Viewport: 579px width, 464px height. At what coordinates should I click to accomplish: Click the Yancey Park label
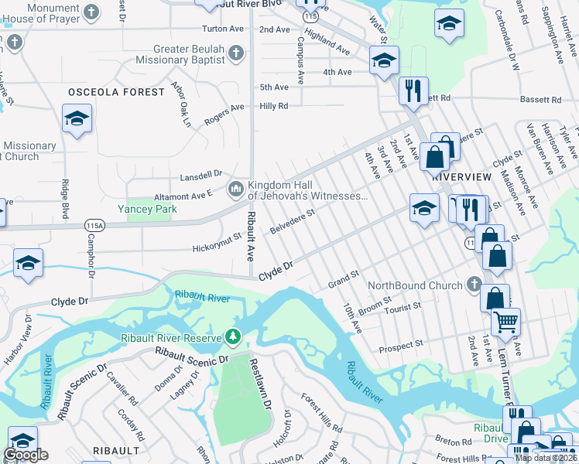click(147, 209)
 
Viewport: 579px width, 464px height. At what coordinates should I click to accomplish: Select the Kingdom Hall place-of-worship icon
click(235, 189)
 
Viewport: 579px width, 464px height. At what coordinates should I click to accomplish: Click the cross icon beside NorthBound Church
click(474, 285)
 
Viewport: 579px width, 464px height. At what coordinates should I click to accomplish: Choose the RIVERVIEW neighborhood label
click(461, 176)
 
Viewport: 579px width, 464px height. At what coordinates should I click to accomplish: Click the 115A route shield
click(94, 225)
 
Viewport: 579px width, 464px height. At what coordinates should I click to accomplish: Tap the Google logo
click(26, 455)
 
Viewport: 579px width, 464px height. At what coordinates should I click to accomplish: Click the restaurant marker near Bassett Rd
click(413, 90)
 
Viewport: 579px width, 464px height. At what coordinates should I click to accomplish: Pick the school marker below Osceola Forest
click(76, 120)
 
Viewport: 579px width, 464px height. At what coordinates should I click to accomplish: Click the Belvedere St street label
click(292, 221)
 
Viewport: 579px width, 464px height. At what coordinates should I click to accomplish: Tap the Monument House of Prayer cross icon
click(91, 12)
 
